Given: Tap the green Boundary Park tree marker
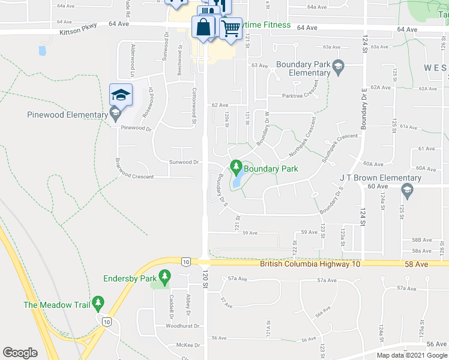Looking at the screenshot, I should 237,166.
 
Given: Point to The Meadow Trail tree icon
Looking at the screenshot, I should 98,304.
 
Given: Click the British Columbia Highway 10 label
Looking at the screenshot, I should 309,264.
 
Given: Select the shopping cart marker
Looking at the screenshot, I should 231,28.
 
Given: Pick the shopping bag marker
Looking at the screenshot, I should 203,27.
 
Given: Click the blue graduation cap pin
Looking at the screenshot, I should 121,95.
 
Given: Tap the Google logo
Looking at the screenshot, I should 20,353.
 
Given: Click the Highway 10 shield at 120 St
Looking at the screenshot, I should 186,261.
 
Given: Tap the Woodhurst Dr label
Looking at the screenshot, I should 165,326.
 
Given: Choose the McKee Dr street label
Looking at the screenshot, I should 188,345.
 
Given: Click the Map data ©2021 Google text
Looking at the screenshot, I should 411,355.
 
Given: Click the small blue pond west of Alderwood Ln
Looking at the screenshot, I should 43,50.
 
